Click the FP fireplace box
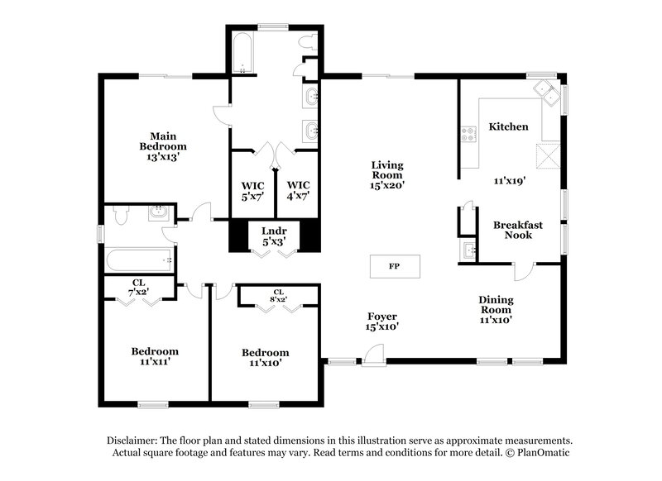[x=394, y=267]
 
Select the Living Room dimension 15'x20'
[x=386, y=186]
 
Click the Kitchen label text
[x=508, y=126]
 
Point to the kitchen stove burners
[x=468, y=132]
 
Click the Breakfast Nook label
[x=518, y=230]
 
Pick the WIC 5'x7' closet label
[x=252, y=189]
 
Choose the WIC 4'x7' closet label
[x=298, y=189]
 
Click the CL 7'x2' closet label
[x=137, y=288]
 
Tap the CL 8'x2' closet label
[x=278, y=296]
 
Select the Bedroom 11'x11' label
[x=155, y=355]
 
